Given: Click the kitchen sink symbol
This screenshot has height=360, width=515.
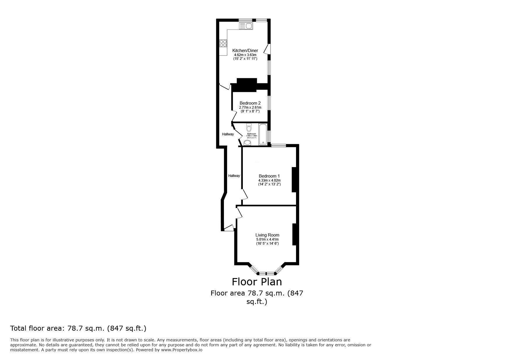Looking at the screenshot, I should pyautogui.click(x=246, y=26).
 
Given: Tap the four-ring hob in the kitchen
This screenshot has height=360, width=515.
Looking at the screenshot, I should pyautogui.click(x=223, y=43).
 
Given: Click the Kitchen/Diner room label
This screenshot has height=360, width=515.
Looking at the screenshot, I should pyautogui.click(x=245, y=51).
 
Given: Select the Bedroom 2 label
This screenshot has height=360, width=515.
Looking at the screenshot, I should pyautogui.click(x=250, y=103).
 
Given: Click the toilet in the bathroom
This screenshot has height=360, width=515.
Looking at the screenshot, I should pyautogui.click(x=249, y=127).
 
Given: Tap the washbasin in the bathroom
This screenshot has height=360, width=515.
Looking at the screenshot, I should pyautogui.click(x=247, y=142).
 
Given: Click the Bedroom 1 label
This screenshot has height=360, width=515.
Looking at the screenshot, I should pyautogui.click(x=269, y=176).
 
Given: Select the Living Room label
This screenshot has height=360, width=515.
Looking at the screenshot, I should pyautogui.click(x=267, y=235).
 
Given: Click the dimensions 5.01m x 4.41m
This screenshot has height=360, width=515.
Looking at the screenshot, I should pyautogui.click(x=267, y=239).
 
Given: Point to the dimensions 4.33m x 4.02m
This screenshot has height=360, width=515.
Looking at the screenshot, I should pyautogui.click(x=269, y=180).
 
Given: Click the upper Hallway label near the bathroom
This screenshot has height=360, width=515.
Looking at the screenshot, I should pyautogui.click(x=228, y=134).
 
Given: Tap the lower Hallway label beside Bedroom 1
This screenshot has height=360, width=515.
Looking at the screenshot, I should pyautogui.click(x=234, y=176).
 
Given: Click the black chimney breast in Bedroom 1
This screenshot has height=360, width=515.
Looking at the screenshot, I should pyautogui.click(x=294, y=179).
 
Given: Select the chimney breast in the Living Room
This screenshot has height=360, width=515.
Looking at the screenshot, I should pyautogui.click(x=294, y=234).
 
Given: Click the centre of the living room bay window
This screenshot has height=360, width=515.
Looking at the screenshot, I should pyautogui.click(x=267, y=273).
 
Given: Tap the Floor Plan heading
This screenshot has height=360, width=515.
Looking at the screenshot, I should pyautogui.click(x=256, y=282).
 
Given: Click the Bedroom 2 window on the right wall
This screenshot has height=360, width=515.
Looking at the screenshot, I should pyautogui.click(x=269, y=103).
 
